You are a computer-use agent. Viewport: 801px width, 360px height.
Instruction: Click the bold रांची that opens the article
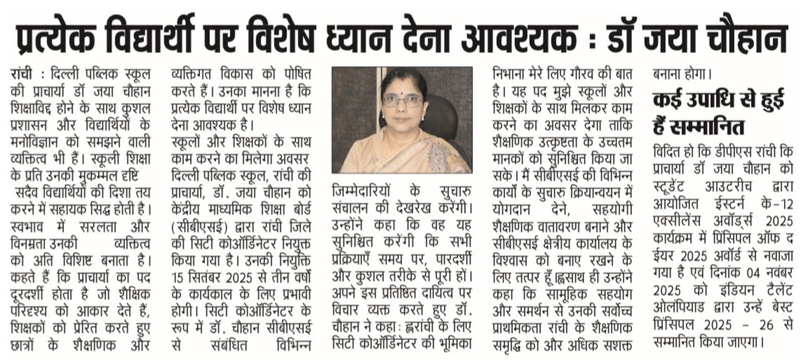tap(24, 73)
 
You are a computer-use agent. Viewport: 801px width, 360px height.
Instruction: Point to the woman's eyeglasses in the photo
tap(403, 100)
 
